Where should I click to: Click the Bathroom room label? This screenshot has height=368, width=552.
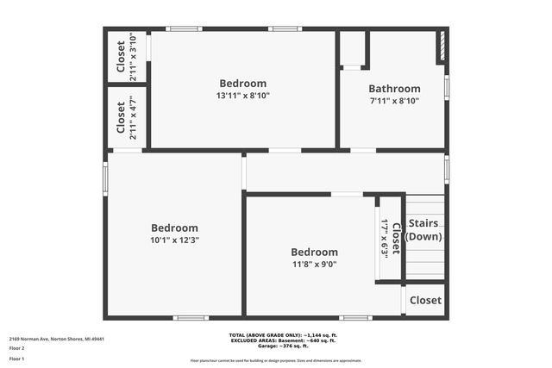[x=394, y=89]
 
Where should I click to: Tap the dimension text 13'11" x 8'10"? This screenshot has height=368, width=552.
[x=243, y=96]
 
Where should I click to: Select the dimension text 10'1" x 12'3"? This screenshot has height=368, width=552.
[x=175, y=240]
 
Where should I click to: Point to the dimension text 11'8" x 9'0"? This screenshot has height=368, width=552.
[x=313, y=265]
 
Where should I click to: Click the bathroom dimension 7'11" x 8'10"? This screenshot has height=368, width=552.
[x=394, y=101]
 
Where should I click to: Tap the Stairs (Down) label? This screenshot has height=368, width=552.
[x=425, y=230]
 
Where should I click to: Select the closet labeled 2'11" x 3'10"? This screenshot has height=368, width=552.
[x=126, y=57]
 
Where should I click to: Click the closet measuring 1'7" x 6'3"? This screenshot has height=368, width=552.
[x=390, y=239]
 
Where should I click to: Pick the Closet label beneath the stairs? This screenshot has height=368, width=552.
[x=425, y=301]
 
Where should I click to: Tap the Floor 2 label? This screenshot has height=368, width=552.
[x=17, y=348]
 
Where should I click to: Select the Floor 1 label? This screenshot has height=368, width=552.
[x=17, y=358]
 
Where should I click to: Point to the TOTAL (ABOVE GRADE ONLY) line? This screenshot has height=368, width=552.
[x=276, y=334]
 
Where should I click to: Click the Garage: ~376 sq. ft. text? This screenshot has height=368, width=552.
[x=276, y=346]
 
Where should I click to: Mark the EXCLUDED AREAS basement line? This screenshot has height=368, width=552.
[x=276, y=340]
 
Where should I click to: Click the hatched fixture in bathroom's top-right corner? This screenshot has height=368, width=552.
[x=441, y=47]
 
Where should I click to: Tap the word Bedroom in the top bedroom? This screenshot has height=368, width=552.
[x=243, y=84]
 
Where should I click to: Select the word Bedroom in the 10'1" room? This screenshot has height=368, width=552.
[x=175, y=228]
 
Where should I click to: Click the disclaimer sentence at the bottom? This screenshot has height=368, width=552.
[x=276, y=360]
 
